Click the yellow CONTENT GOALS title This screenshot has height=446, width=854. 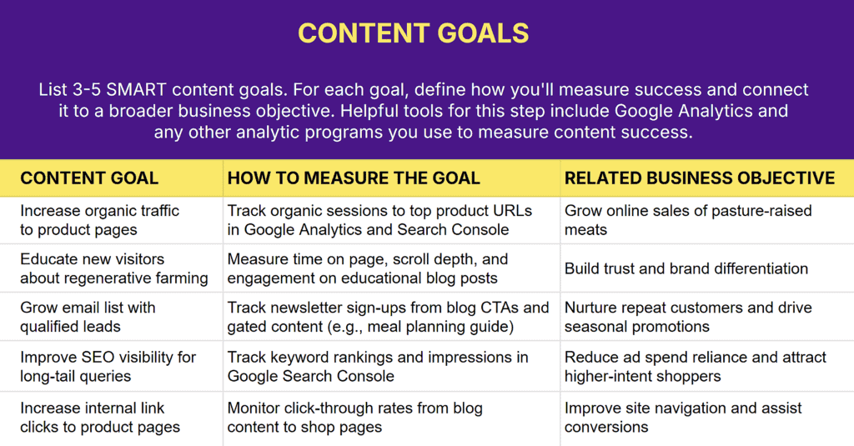(414, 33)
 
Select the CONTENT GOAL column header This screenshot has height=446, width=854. (89, 178)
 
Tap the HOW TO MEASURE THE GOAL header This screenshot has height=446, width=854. (354, 178)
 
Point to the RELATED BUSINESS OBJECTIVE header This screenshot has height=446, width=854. (699, 178)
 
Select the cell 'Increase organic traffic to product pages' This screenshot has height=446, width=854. (99, 220)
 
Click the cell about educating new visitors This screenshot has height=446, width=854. (113, 268)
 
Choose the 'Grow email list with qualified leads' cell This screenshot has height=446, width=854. (88, 317)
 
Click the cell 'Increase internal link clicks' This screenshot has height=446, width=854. (100, 417)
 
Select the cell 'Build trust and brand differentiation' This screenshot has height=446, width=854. (686, 268)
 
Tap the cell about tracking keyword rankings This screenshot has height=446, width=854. (377, 367)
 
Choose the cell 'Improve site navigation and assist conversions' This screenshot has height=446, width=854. (682, 417)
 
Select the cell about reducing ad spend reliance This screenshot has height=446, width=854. (695, 367)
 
